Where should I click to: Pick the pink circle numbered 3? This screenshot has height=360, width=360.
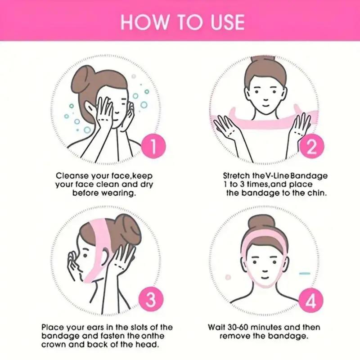pyautogui.click(x=152, y=299)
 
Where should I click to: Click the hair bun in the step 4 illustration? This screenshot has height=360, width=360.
pyautogui.click(x=261, y=223)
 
